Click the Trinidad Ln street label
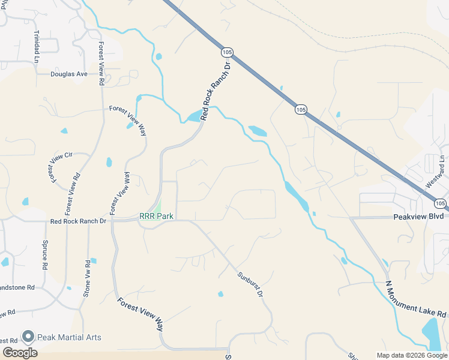point(37,47)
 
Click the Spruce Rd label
point(45,254)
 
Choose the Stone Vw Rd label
point(87,278)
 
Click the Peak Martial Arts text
point(69,337)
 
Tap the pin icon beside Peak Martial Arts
point(27,337)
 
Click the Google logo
point(20,353)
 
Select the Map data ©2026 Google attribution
point(412,355)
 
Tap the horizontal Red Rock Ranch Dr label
point(78,221)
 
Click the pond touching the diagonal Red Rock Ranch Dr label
point(194,116)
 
